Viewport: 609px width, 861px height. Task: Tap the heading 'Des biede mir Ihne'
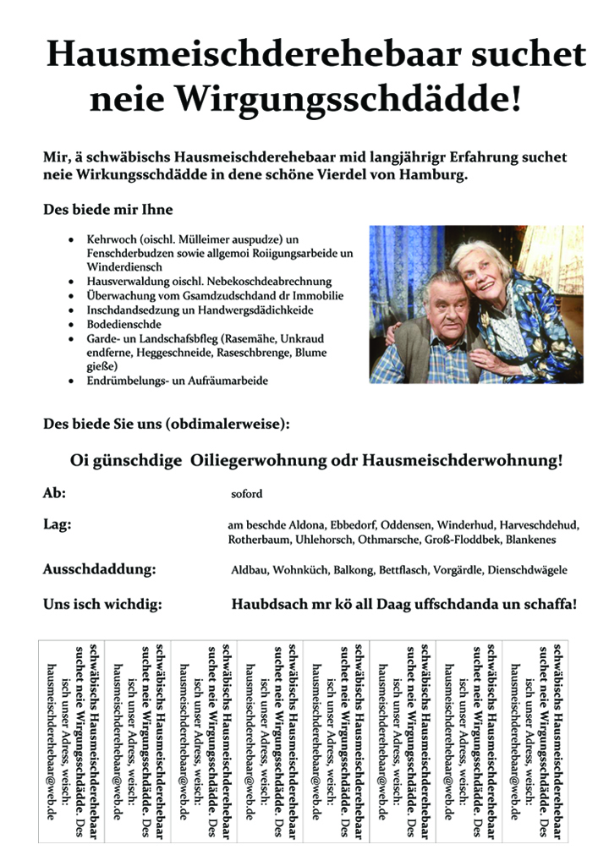pos(107,211)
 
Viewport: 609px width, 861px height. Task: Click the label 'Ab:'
pos(54,493)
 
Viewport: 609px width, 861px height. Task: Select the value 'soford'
pos(247,494)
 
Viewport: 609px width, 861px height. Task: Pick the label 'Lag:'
pos(58,524)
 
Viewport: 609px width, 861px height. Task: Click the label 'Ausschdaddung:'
pos(99,570)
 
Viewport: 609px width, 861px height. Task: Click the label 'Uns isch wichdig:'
pos(101,605)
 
